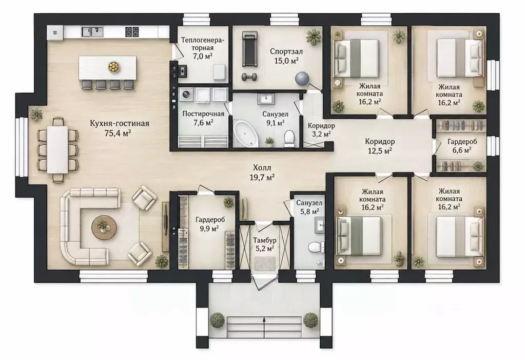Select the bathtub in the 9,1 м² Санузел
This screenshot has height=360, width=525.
[245, 134]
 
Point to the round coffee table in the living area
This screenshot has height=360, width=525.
[105, 228]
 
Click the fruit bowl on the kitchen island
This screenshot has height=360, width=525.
[114, 67]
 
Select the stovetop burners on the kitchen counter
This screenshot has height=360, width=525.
[132, 32]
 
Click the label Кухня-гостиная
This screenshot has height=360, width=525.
[120, 123]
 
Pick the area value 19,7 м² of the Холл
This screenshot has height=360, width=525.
[262, 178]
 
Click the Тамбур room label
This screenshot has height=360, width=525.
[264, 240]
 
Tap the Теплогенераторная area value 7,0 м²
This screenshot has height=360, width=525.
[203, 56]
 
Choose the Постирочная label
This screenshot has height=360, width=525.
[203, 113]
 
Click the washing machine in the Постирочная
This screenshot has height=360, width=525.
[185, 95]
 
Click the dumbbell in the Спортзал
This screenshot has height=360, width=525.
[249, 77]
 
